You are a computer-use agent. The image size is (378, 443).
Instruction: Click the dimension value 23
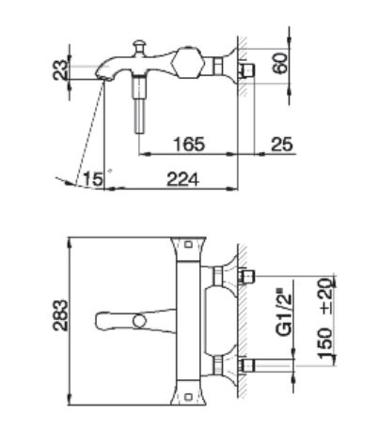click(x=60, y=69)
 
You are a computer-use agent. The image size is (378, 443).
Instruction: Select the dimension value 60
click(x=280, y=63)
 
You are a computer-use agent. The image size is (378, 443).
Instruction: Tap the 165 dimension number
click(x=189, y=145)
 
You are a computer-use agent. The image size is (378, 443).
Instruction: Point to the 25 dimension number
click(x=281, y=145)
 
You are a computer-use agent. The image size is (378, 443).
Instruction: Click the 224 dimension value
click(x=182, y=179)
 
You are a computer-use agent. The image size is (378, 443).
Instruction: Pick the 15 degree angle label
click(x=92, y=179)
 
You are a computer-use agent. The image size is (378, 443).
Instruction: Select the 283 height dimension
click(x=60, y=315)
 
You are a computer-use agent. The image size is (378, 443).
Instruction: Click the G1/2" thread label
click(x=284, y=315)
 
